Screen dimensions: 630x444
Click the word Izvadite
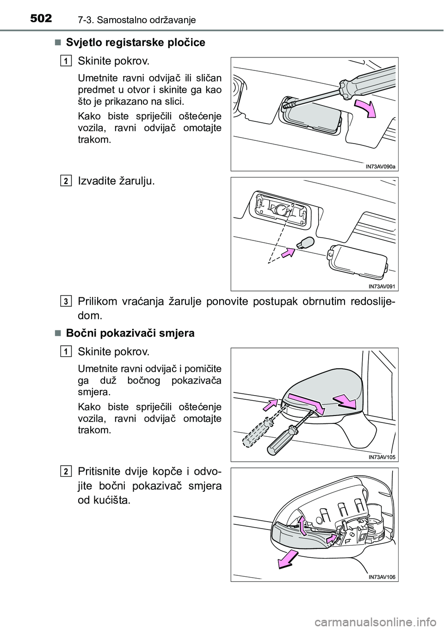tap(98, 181)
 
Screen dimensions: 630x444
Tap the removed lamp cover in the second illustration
tap(356, 261)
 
